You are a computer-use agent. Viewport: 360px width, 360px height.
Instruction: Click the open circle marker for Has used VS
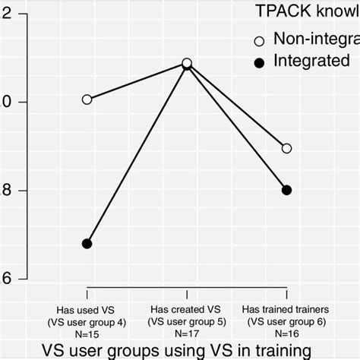(x=87, y=99)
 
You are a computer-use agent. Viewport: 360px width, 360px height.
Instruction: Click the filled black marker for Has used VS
(x=87, y=244)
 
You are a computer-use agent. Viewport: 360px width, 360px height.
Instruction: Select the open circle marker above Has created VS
(x=187, y=63)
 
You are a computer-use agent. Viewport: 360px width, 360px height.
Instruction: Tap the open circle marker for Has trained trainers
(x=286, y=148)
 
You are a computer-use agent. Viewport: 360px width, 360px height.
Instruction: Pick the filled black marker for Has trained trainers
(x=286, y=190)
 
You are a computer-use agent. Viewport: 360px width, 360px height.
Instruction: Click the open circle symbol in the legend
(x=258, y=40)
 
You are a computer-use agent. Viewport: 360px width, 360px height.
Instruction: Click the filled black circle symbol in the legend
(x=258, y=62)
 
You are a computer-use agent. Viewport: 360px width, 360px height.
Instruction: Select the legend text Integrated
(x=311, y=62)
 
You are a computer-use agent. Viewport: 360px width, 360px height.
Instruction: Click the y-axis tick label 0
(x=5, y=102)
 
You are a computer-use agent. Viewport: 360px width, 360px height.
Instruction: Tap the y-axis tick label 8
(x=5, y=190)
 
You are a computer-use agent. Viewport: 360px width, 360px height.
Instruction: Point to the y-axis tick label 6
(x=5, y=279)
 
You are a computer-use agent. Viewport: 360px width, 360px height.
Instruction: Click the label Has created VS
(x=187, y=309)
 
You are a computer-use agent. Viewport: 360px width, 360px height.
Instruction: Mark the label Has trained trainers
(x=286, y=309)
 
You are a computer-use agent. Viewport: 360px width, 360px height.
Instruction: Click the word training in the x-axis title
(x=280, y=351)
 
